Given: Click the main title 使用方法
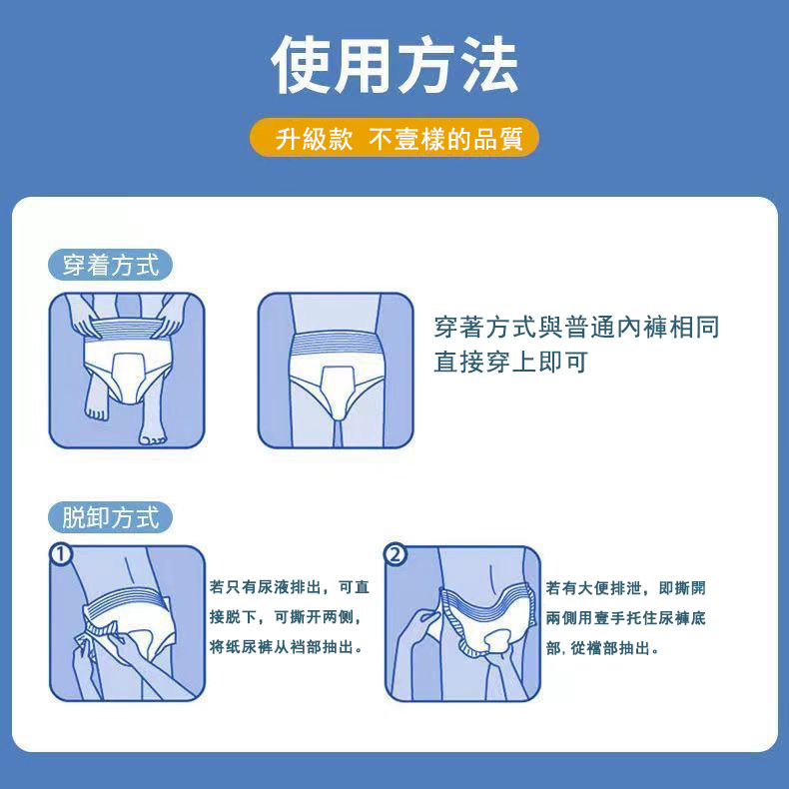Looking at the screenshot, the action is click(394, 64).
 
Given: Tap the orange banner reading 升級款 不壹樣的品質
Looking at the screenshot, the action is click(394, 138).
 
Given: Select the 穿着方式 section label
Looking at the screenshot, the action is click(110, 265).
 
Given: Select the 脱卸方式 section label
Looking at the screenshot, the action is click(110, 517).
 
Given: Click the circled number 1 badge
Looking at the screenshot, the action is click(61, 554).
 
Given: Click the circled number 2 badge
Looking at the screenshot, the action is click(395, 554).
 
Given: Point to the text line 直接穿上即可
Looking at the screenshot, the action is click(510, 362).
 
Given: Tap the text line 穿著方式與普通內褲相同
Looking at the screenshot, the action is click(576, 327).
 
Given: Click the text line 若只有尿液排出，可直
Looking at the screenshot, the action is click(290, 586).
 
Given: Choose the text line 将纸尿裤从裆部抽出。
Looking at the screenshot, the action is click(286, 646).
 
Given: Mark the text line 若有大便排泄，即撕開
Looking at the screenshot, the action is click(625, 587).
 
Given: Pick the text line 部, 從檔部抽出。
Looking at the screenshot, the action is click(602, 648).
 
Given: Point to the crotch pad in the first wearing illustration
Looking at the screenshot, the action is click(128, 378).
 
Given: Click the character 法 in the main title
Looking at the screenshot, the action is click(489, 64).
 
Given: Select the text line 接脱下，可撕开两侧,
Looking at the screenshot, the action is click(286, 616).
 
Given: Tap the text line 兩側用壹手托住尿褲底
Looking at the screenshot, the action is click(625, 618).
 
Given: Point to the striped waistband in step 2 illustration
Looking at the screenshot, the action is click(485, 600).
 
